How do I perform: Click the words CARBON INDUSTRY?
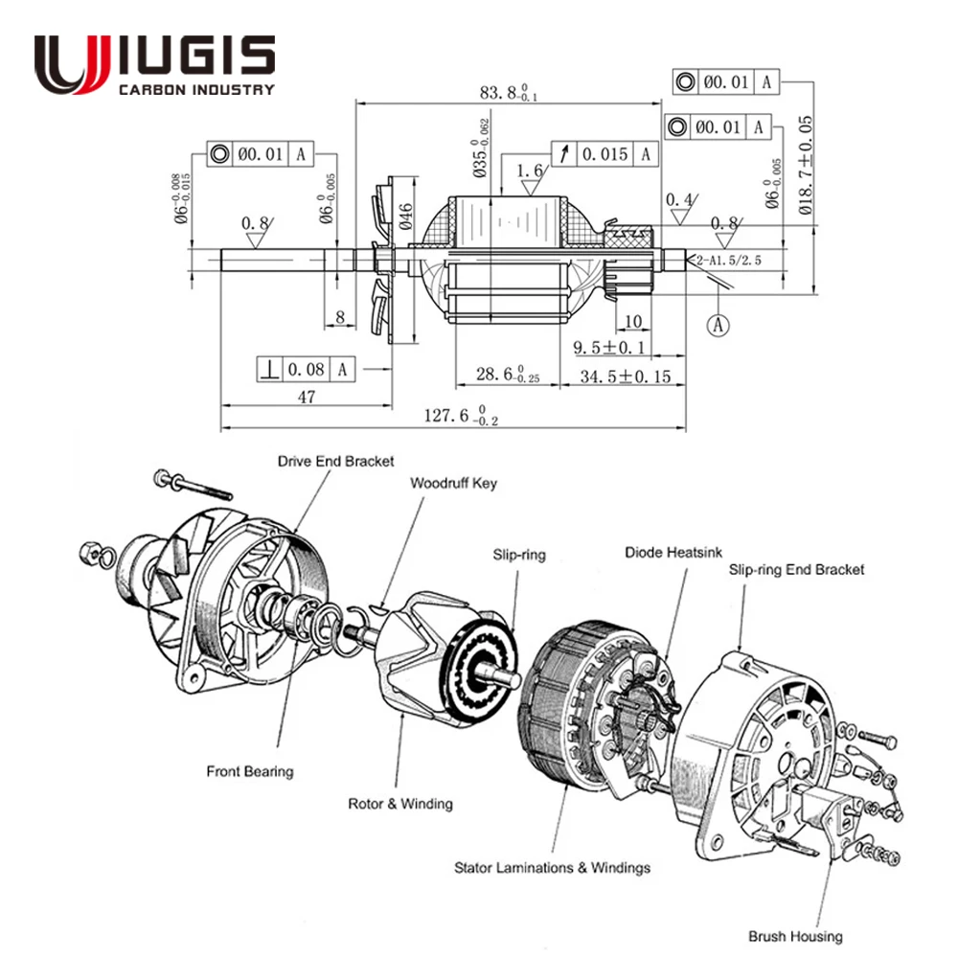tap(194, 90)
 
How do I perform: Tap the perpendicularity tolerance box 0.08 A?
tap(306, 368)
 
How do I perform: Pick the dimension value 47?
tap(305, 398)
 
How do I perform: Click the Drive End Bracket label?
tap(335, 461)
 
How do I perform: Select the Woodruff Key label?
tap(453, 484)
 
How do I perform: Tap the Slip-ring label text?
tap(519, 555)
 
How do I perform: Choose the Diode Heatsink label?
tap(673, 552)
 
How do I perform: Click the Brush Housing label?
tap(795, 936)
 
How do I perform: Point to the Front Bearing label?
tap(250, 771)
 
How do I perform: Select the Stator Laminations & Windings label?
tap(552, 868)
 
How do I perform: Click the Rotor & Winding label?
tap(399, 804)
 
